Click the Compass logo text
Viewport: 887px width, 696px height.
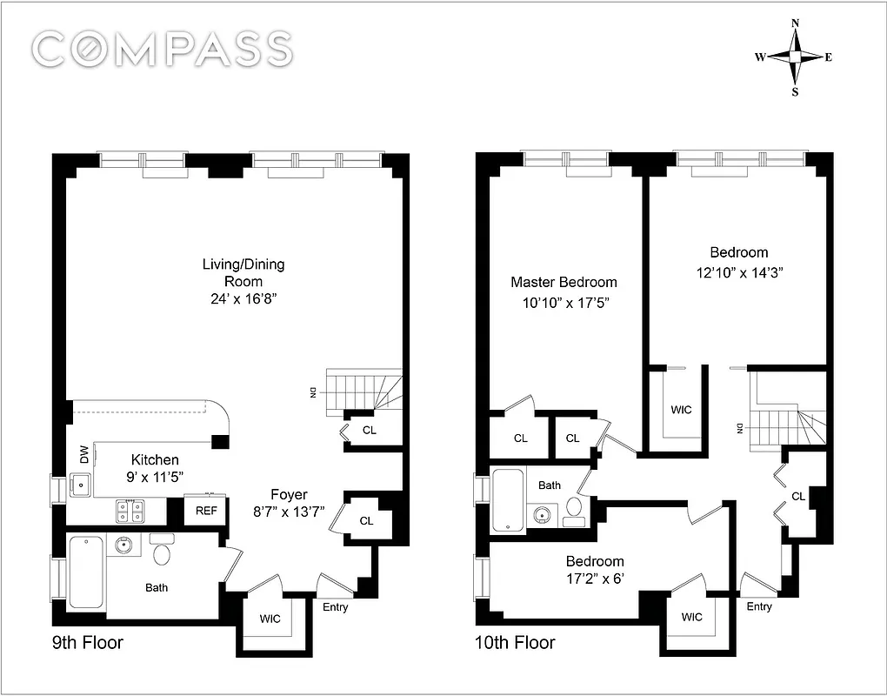163,49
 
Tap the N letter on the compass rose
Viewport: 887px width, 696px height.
794,24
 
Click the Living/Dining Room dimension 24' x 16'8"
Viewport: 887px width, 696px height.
243,299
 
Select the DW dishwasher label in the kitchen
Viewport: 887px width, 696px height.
83,454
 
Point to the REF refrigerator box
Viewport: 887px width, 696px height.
206,511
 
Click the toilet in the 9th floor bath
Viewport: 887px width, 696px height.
163,552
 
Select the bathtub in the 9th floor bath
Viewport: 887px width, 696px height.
87,572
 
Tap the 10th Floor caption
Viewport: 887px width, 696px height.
516,643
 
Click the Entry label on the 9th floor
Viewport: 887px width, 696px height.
335,607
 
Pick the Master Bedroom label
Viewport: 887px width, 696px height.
564,282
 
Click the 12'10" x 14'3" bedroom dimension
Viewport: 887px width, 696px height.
739,271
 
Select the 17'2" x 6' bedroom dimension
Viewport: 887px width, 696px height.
595,578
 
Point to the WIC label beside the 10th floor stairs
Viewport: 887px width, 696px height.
681,409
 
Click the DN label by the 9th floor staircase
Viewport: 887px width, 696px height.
312,392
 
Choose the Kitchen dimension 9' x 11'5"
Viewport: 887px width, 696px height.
155,477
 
